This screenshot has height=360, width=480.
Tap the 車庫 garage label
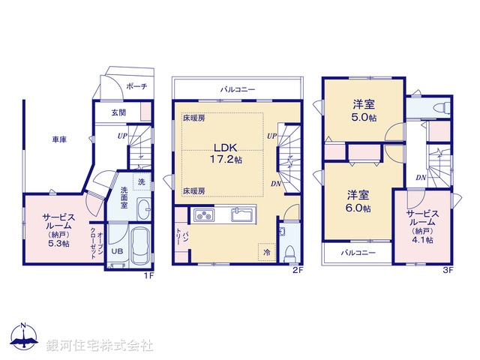(x=60, y=139)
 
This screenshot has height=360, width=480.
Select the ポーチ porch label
(x=136, y=86)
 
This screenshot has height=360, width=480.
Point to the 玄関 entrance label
(x=119, y=113)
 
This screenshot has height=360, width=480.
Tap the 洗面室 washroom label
(x=124, y=196)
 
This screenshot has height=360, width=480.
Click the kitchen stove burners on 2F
(x=205, y=216)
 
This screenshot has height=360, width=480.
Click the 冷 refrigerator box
(x=266, y=253)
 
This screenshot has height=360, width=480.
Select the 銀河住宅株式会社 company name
(x=99, y=346)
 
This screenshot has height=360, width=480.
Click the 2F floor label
(x=297, y=270)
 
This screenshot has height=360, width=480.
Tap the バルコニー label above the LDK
(x=238, y=89)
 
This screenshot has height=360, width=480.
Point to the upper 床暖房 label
(x=193, y=118)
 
